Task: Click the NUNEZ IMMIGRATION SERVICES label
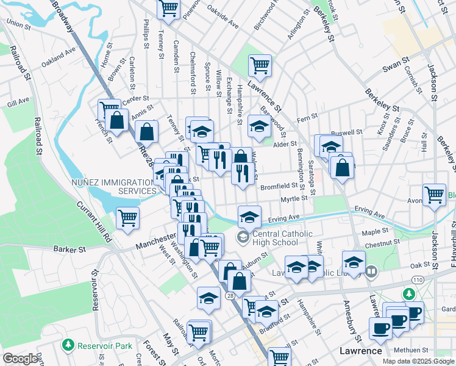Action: pyautogui.click(x=113, y=187)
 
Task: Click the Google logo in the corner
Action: pyautogui.click(x=20, y=359)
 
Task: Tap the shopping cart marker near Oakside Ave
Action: pyautogui.click(x=168, y=9)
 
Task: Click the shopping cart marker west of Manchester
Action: pyautogui.click(x=127, y=218)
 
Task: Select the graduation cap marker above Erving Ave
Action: pyautogui.click(x=249, y=216)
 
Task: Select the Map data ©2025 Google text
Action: pyautogui.click(x=418, y=361)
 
